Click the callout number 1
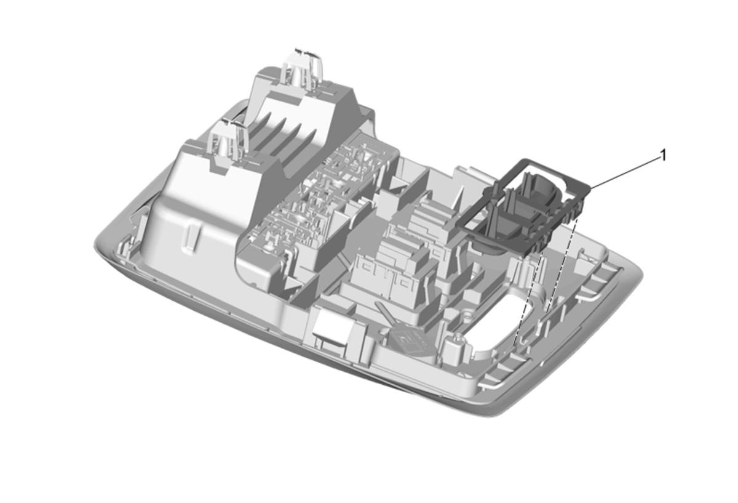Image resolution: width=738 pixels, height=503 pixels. pos(663,156)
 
